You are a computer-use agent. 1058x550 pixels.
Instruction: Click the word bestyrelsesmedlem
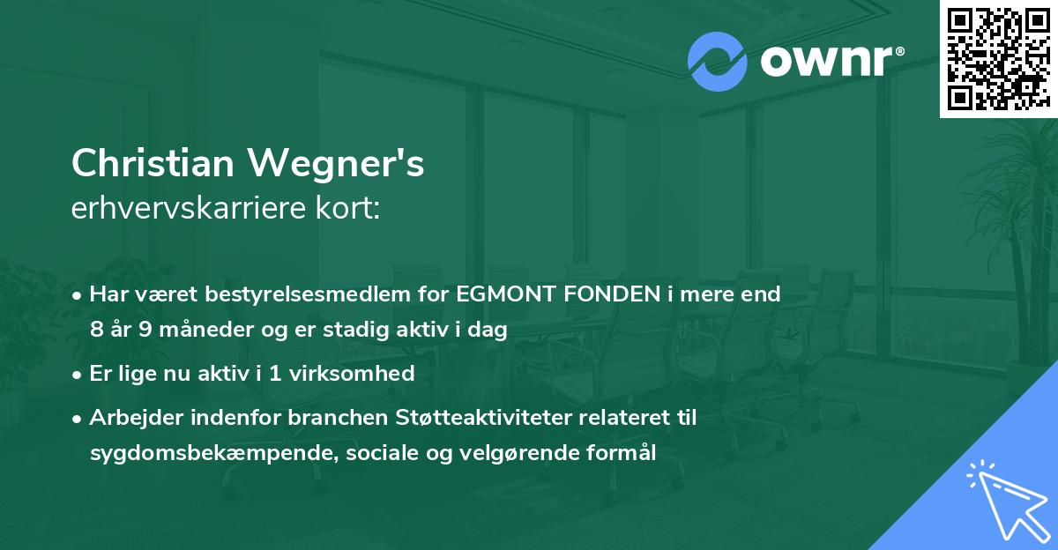coord(309,294)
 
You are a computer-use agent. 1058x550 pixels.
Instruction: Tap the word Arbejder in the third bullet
coord(131,418)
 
